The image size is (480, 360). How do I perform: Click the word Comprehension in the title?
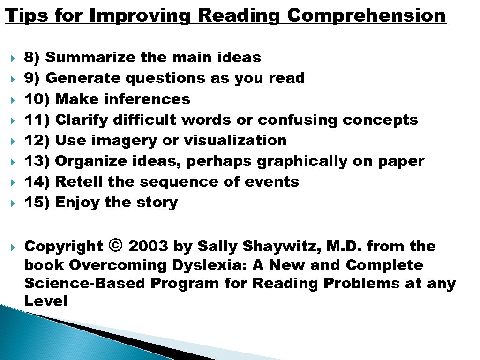pos(366,16)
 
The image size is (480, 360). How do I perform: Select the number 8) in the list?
pos(32,58)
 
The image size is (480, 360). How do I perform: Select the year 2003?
pos(148,246)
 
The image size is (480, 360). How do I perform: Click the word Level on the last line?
pos(46,301)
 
